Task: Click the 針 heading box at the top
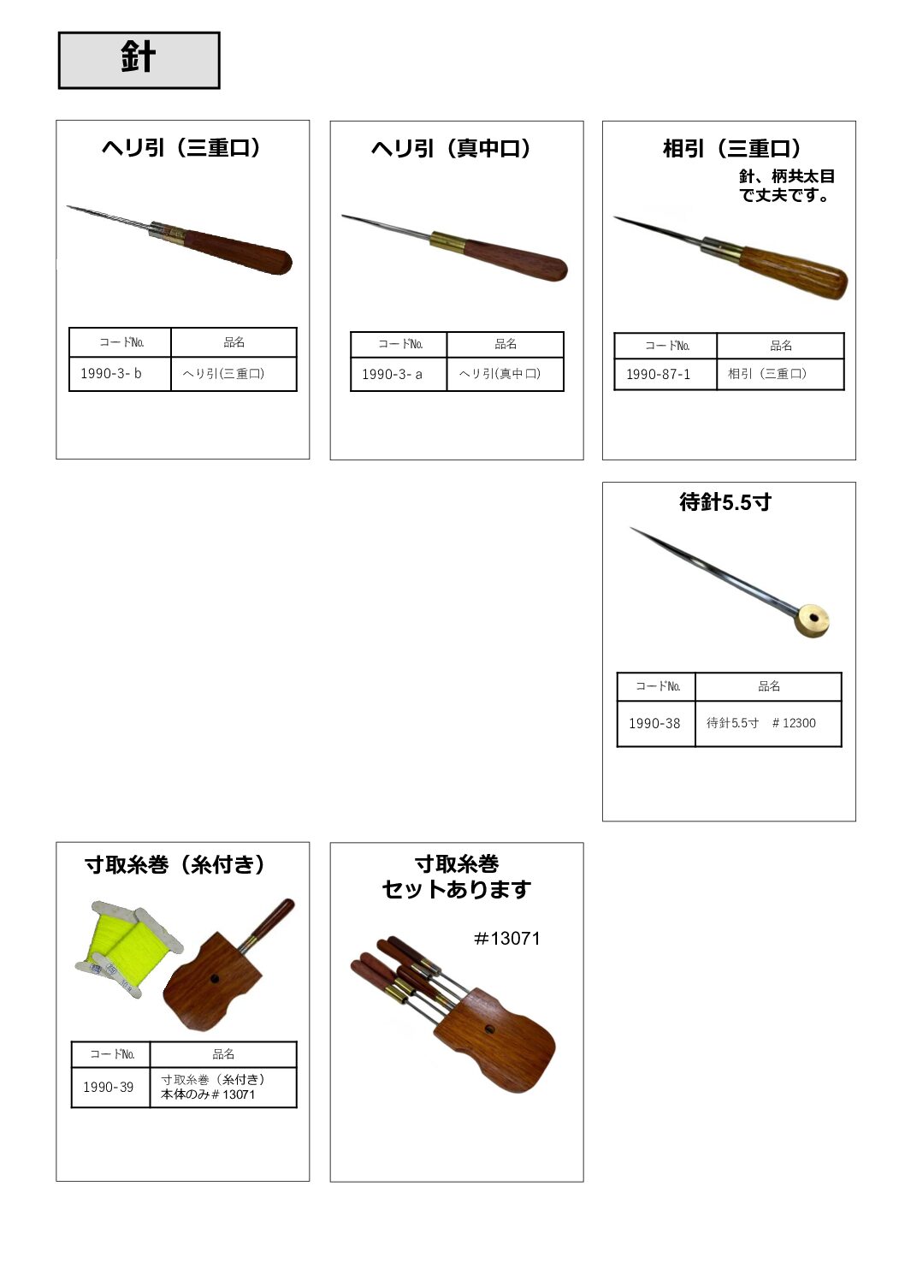coord(139,60)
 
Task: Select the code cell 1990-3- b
coord(120,374)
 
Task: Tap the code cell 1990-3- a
coord(399,375)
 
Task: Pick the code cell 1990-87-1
coord(665,375)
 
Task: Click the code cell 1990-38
coord(656,723)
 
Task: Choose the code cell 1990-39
coord(110,1087)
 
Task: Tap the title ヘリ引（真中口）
coord(451,149)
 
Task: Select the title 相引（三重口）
coord(731,149)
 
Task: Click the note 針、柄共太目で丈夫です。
coord(787,186)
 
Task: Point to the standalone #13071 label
coord(507,939)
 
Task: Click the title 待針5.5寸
coord(725,502)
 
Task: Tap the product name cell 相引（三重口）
coord(780,375)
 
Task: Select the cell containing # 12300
coord(768,723)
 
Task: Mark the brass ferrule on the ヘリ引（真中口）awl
coord(448,242)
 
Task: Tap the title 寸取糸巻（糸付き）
coord(175,864)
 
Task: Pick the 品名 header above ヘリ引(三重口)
coord(234,342)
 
